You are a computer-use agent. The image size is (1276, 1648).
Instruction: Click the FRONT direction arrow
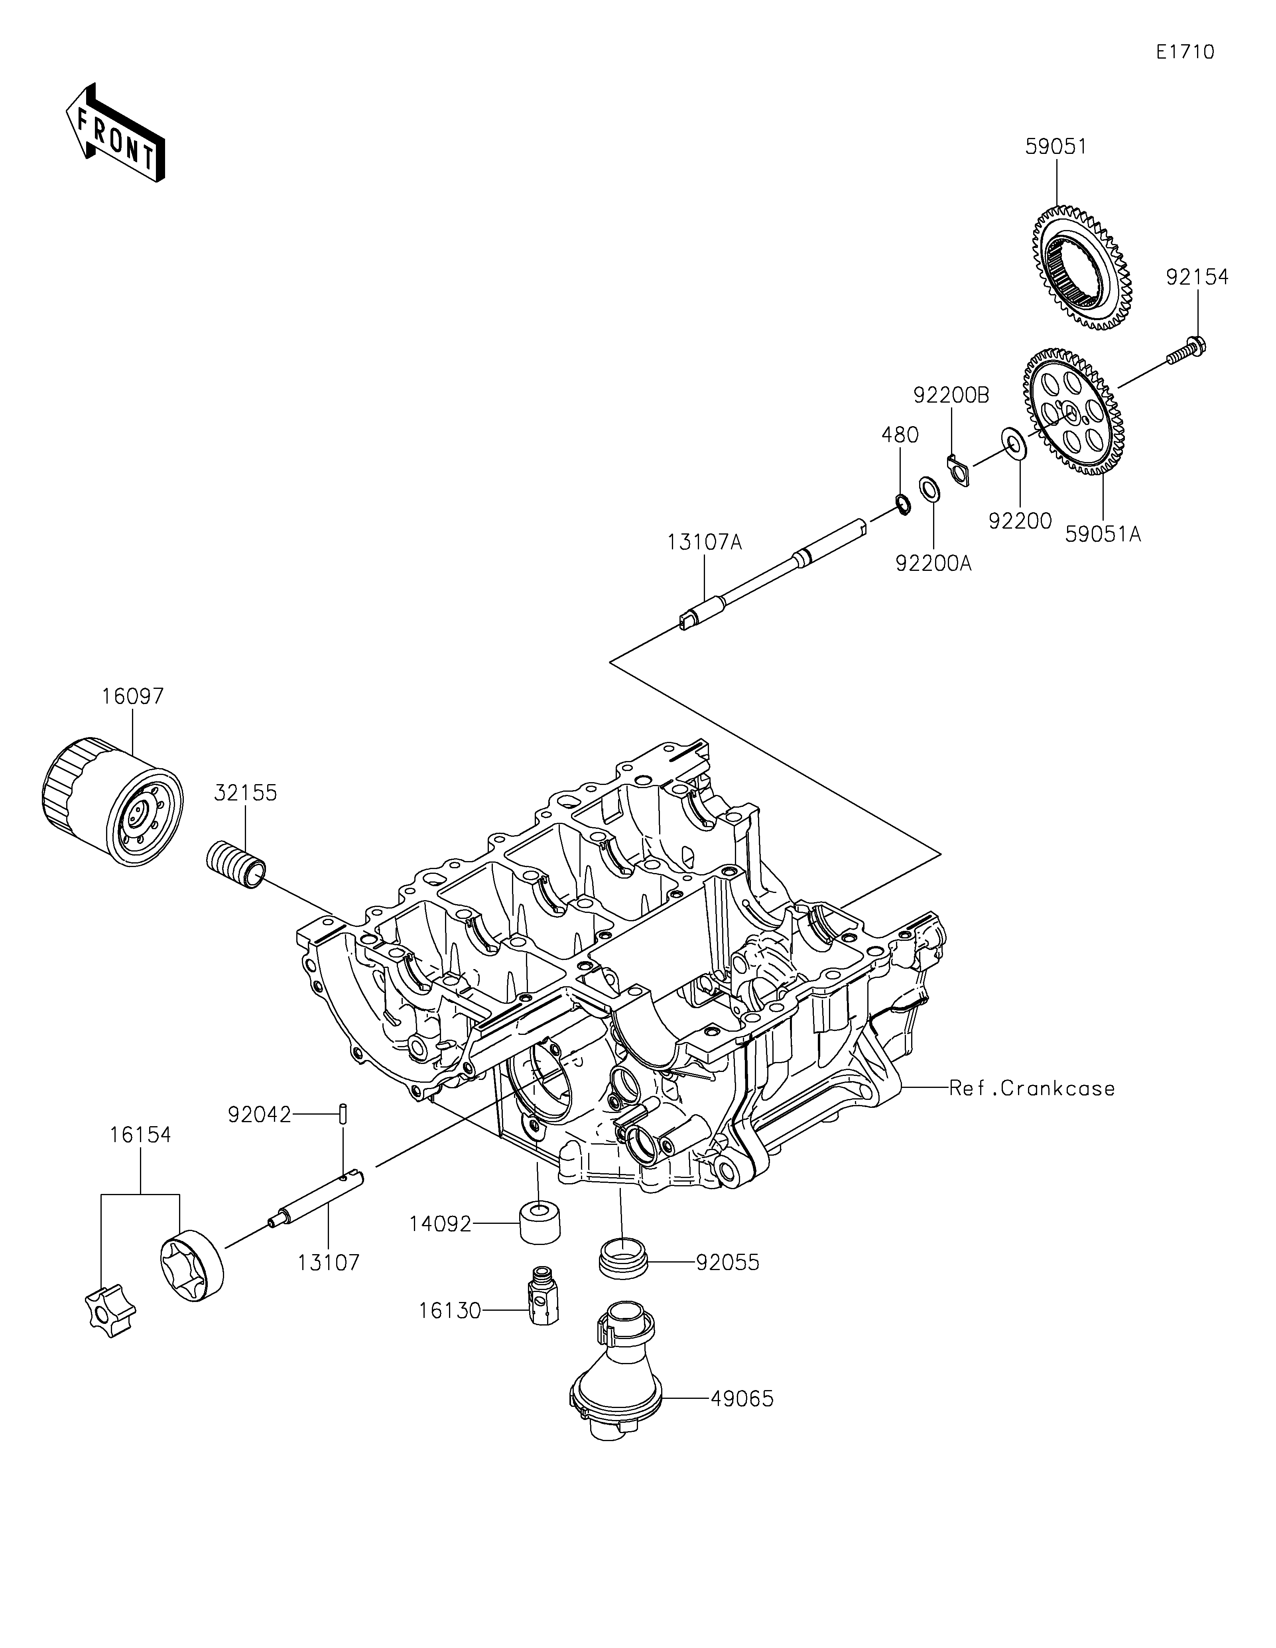(x=116, y=132)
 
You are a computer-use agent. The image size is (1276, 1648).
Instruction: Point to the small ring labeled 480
(x=901, y=503)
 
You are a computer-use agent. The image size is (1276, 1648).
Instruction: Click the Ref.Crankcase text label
(x=1032, y=1088)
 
